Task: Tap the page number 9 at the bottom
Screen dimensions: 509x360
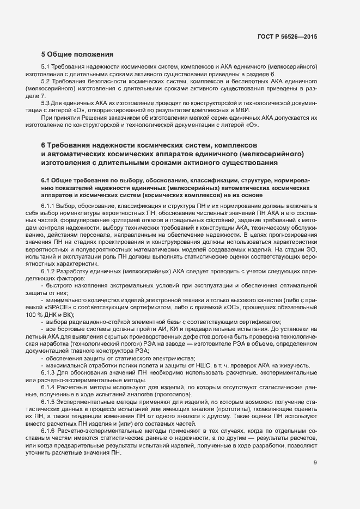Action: [315, 463]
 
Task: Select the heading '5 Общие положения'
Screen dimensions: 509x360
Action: [77, 54]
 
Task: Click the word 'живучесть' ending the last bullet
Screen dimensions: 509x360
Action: [294, 365]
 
